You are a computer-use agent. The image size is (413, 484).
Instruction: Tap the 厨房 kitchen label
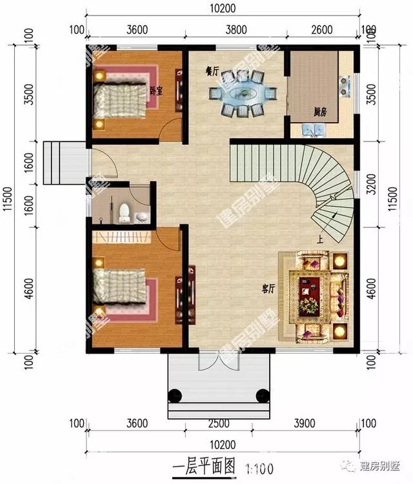pos(320,112)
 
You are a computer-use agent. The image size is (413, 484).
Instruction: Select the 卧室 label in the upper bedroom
pos(155,91)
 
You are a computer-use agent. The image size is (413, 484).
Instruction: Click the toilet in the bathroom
pos(125,211)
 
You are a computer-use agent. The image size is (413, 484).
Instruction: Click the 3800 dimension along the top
pos(236,29)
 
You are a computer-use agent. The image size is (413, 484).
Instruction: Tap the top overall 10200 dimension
pos(222,8)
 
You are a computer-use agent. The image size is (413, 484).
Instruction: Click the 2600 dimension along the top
pos(321,29)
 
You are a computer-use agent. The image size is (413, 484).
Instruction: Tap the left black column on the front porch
pos(174,395)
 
